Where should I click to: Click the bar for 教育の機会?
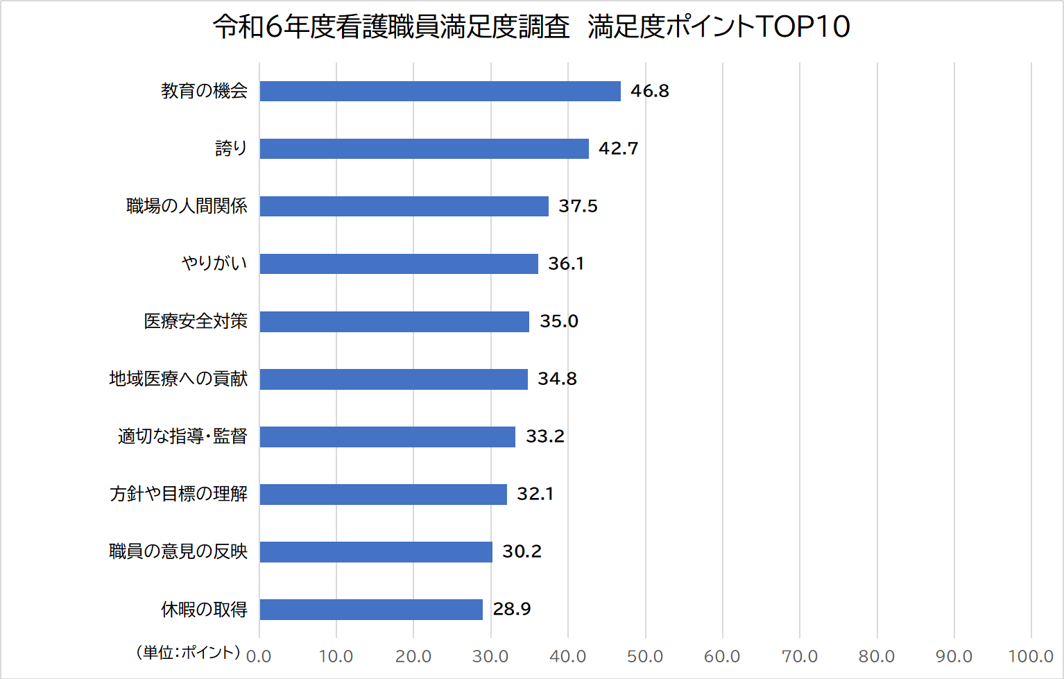(x=440, y=91)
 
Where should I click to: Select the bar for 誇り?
(x=424, y=148)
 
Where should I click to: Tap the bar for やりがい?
(x=399, y=264)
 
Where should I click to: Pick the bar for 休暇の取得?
(x=371, y=609)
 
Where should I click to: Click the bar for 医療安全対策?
(x=394, y=321)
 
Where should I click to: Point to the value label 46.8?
(x=649, y=91)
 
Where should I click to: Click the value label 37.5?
(x=578, y=206)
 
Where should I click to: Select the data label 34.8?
(x=557, y=379)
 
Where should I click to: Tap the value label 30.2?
(x=522, y=551)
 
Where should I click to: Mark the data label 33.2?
(x=544, y=436)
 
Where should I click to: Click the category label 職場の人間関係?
(x=187, y=206)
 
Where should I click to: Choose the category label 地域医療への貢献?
(x=178, y=379)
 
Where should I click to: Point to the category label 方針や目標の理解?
(x=178, y=494)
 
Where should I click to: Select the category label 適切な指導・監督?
(x=182, y=436)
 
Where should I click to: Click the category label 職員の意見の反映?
(x=178, y=551)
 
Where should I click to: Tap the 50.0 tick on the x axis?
(x=645, y=656)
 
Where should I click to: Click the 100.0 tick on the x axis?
(x=1031, y=656)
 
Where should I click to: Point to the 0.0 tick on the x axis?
(x=259, y=656)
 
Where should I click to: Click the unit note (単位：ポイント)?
(x=188, y=652)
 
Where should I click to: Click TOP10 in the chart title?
(x=803, y=26)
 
